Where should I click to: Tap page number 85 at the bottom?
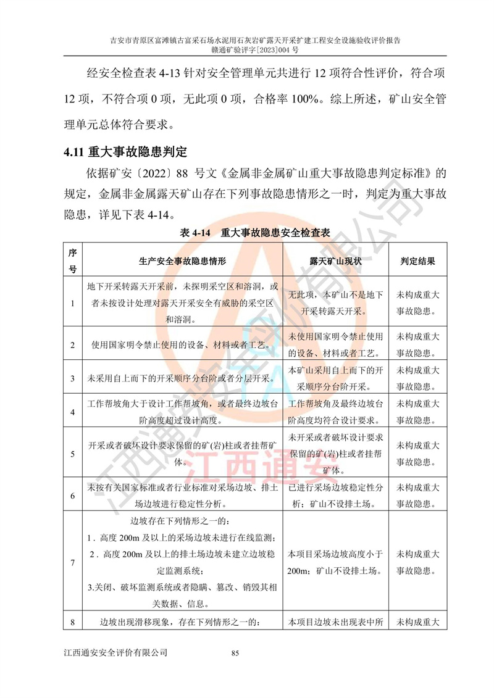235,652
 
